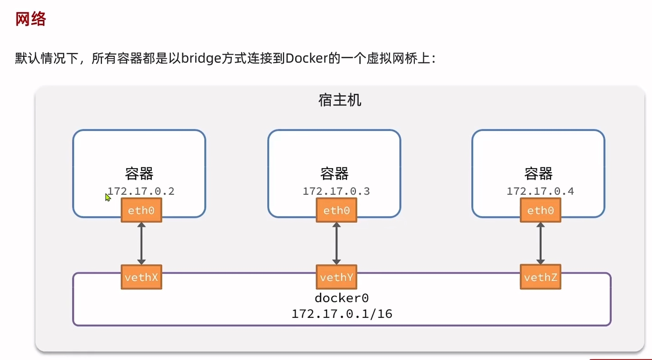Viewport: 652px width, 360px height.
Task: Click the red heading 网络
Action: point(31,19)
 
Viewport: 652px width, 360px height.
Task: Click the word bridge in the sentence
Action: point(201,58)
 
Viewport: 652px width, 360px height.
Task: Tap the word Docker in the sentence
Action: point(306,58)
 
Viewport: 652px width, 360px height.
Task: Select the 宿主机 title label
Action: point(340,100)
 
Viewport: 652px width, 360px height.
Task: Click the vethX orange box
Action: point(141,277)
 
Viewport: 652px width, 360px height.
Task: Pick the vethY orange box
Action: point(336,277)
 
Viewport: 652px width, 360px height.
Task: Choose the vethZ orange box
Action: point(540,277)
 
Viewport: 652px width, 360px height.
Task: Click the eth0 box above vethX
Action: point(141,210)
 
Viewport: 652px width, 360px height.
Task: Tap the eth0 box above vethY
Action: point(336,210)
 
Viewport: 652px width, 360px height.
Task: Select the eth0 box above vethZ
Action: point(540,210)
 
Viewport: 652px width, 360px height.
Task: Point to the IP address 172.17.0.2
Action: point(141,191)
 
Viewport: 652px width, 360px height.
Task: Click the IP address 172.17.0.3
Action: point(336,191)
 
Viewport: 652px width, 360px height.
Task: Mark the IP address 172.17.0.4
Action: point(540,191)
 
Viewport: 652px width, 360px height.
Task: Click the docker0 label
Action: point(341,298)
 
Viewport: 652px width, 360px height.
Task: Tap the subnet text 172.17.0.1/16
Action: point(341,314)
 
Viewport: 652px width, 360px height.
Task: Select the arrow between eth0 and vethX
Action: point(141,243)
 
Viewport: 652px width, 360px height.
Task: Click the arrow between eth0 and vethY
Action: point(336,243)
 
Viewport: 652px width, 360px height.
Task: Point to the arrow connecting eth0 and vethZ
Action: point(540,243)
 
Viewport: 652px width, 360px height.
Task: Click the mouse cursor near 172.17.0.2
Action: point(108,197)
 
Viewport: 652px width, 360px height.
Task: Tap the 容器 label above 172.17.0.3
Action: point(334,173)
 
